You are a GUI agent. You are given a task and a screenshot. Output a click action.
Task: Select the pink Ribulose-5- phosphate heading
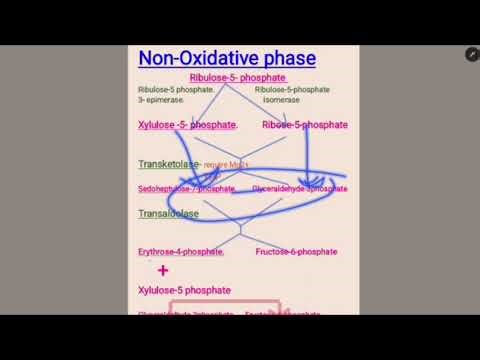pos(237,78)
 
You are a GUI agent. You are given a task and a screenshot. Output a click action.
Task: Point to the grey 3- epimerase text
pos(161,100)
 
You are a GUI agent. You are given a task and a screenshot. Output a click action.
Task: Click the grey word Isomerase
pos(281,100)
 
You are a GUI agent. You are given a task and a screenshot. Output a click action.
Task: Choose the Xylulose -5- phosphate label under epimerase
pos(187,125)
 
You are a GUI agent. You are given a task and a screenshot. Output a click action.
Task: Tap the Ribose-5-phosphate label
pos(304,125)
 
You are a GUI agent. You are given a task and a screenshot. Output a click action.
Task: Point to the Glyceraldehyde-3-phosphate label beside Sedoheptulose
pos(299,188)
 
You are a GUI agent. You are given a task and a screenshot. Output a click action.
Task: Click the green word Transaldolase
pos(168,214)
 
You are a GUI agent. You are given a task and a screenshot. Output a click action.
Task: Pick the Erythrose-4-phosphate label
pos(181,252)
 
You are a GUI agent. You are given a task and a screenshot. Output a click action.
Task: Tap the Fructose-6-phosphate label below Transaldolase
pos(297,252)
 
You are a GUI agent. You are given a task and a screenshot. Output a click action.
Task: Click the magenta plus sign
pos(162,271)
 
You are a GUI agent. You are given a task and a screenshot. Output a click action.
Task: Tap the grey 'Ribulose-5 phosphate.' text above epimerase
pos(176,90)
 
